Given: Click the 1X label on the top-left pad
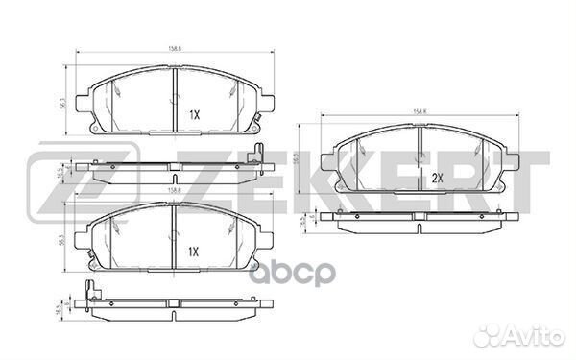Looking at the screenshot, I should click(193, 114).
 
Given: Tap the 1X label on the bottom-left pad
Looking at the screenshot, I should click(193, 252).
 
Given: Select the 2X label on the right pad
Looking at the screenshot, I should click(436, 179).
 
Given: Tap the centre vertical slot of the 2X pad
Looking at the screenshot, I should click(421, 149).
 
